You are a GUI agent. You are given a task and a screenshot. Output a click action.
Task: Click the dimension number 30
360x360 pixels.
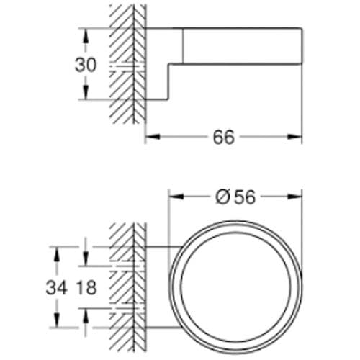coord(86,65)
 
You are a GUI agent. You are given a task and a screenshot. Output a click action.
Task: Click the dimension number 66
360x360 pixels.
coord(223,138)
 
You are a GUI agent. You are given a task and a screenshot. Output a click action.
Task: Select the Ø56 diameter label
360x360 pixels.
coord(235,197)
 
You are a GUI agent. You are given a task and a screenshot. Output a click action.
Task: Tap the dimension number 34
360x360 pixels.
coord(56,288)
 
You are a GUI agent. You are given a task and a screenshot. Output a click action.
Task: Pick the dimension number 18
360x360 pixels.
coord(86,288)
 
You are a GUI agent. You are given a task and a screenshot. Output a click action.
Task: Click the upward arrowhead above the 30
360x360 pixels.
coord(86,36)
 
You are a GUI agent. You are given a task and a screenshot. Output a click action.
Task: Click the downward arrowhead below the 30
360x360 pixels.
coord(86,91)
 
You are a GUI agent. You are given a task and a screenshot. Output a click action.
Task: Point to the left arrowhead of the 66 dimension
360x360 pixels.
coord(153,137)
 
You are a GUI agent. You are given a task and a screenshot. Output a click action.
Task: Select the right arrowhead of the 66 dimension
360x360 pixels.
coord(294,137)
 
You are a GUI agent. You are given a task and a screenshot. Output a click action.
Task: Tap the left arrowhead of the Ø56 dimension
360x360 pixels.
coord(176,197)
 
